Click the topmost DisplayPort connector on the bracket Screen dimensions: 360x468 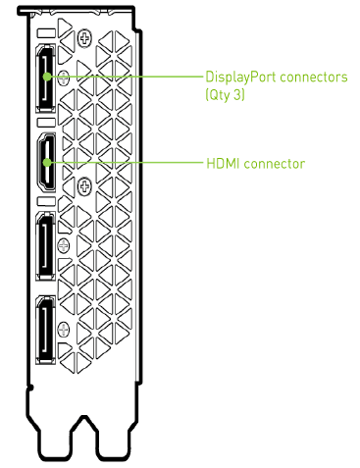point(45,78)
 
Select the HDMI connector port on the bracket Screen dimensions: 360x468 point(46,162)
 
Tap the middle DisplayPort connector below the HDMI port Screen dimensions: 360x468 point(45,246)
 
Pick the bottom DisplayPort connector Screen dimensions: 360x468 point(45,331)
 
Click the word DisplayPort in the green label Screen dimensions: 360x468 point(240,78)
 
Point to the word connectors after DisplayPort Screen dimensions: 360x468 point(314,78)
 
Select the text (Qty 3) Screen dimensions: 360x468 point(225,95)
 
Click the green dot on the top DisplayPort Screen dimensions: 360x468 point(47,77)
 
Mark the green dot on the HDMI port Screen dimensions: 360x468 point(47,162)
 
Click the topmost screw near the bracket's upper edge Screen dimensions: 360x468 point(84,39)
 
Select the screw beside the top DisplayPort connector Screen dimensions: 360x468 point(64,78)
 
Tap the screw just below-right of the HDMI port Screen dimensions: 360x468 point(84,186)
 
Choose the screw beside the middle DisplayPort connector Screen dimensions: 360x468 point(64,245)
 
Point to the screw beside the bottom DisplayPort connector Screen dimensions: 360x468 point(64,330)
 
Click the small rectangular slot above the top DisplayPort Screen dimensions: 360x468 point(46,33)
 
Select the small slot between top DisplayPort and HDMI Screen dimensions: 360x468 point(46,123)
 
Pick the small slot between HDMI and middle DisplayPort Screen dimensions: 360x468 point(46,201)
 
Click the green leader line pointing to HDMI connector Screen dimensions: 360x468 point(127,162)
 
